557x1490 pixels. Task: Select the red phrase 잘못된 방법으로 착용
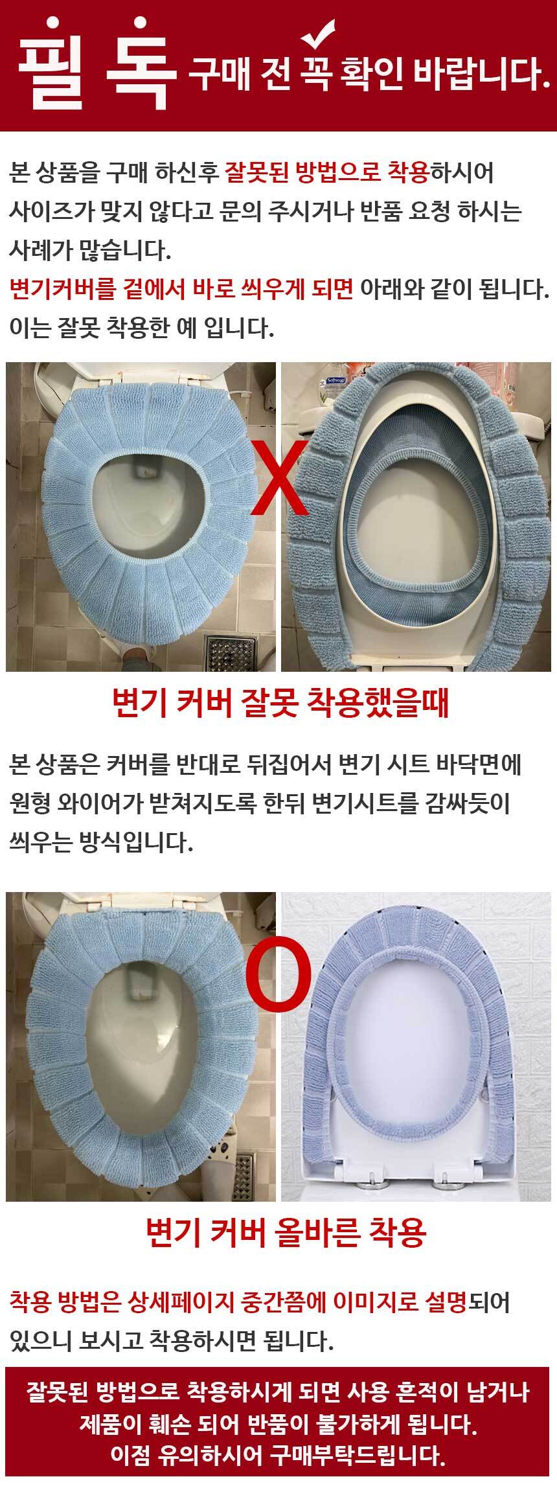pyautogui.click(x=327, y=173)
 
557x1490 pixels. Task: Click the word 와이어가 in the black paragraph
pyautogui.click(x=108, y=804)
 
